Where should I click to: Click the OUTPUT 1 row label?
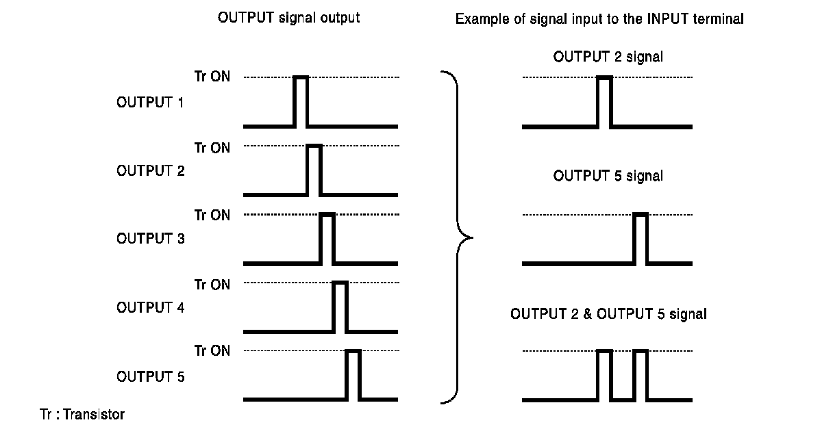pos(150,103)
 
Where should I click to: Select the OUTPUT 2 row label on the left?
pos(150,171)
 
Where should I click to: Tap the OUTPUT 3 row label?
pos(150,239)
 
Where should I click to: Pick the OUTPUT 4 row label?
pos(150,308)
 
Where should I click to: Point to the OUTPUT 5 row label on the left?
pos(150,376)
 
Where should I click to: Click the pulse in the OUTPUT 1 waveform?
pos(301,101)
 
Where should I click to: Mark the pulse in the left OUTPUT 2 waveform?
pos(314,170)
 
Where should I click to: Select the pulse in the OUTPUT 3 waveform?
pos(327,238)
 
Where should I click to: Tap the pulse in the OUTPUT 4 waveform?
pos(340,307)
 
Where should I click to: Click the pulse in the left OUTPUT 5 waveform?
pos(353,374)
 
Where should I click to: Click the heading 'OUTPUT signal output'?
pos(288,18)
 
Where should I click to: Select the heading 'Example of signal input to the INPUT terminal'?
pos(599,19)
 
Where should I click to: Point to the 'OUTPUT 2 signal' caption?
pos(608,57)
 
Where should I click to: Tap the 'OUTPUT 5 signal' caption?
pos(608,177)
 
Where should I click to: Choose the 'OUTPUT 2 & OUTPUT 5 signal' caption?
pos(608,314)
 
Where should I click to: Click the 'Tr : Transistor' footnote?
pos(82,415)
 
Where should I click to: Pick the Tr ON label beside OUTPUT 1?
pos(212,77)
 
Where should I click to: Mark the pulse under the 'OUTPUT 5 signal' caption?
pos(641,238)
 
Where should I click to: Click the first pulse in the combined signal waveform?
pos(604,374)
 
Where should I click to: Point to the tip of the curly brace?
pos(471,238)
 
